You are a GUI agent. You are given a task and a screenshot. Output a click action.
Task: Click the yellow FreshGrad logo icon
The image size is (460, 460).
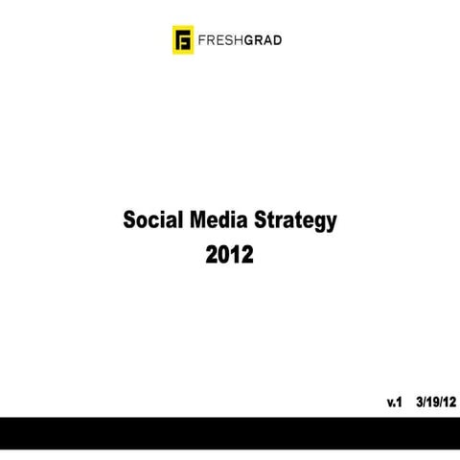click(x=179, y=41)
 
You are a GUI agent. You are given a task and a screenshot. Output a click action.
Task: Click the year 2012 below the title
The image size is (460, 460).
click(x=230, y=256)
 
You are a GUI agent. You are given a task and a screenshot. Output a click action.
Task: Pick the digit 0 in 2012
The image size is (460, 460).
click(x=224, y=256)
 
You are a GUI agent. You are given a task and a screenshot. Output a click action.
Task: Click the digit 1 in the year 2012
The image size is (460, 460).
click(x=237, y=256)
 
